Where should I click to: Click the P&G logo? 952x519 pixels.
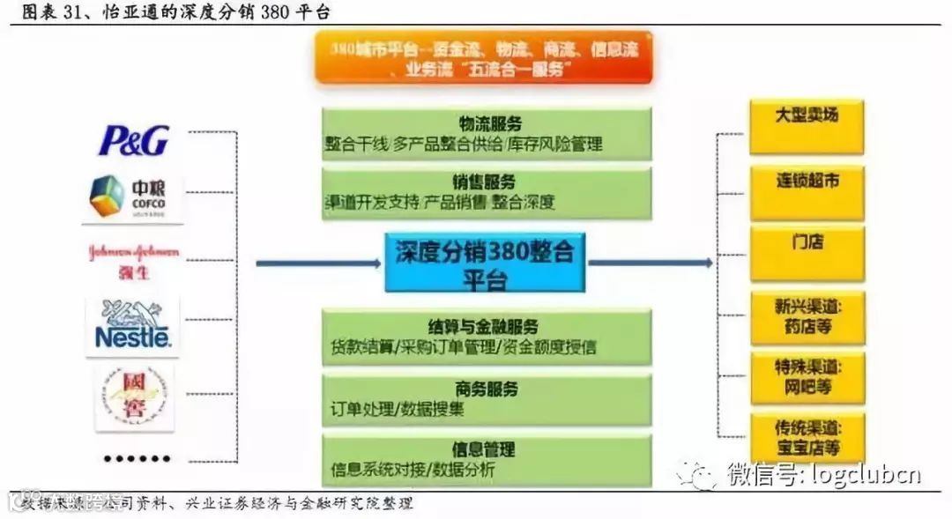pos(133,139)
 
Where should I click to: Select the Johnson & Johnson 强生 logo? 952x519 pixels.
pos(133,260)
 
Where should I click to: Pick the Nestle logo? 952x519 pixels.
pos(132,325)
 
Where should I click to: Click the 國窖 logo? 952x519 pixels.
pos(133,397)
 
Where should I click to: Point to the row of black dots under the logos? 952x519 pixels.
pos(136,458)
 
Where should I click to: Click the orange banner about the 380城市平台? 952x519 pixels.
pos(484,60)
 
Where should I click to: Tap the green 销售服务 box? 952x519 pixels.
pos(487,193)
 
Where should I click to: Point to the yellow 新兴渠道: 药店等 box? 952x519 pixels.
pos(807,316)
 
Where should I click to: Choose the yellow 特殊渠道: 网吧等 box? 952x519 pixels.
pos(807,377)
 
